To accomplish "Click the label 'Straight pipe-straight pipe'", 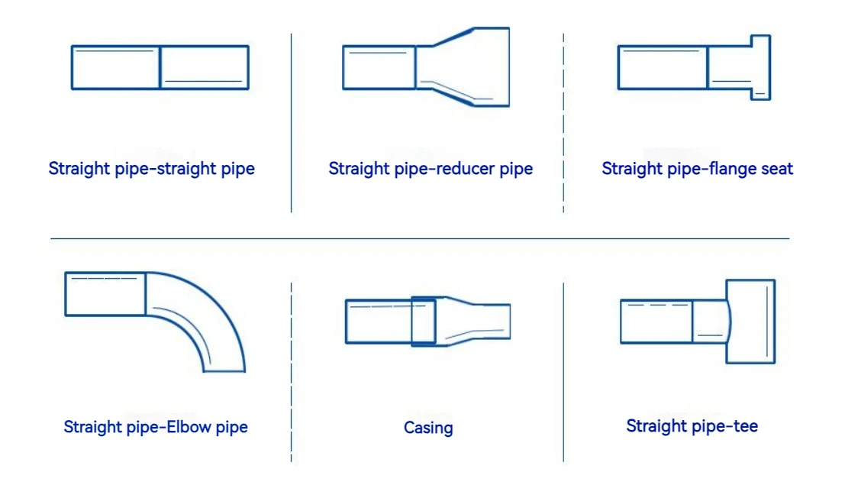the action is pos(151,169).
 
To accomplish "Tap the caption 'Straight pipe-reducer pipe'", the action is pos(431,169).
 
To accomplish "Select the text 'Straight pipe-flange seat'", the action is pos(697,169).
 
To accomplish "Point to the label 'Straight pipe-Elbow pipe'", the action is pos(156,427).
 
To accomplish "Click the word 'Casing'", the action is pos(428,428).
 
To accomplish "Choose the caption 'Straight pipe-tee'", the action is pos(692,426).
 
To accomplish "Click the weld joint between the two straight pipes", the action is pos(160,67).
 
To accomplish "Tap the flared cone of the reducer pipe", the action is pos(463,67).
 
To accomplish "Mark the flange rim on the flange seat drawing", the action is pos(760,67).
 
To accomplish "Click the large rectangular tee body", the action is pos(750,321).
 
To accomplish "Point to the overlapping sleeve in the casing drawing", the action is pos(425,321).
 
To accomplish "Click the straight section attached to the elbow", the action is pos(105,293).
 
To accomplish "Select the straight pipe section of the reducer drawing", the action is pos(379,67).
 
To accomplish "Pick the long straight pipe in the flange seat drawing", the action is pos(662,67).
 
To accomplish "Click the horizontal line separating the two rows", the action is pos(420,239).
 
